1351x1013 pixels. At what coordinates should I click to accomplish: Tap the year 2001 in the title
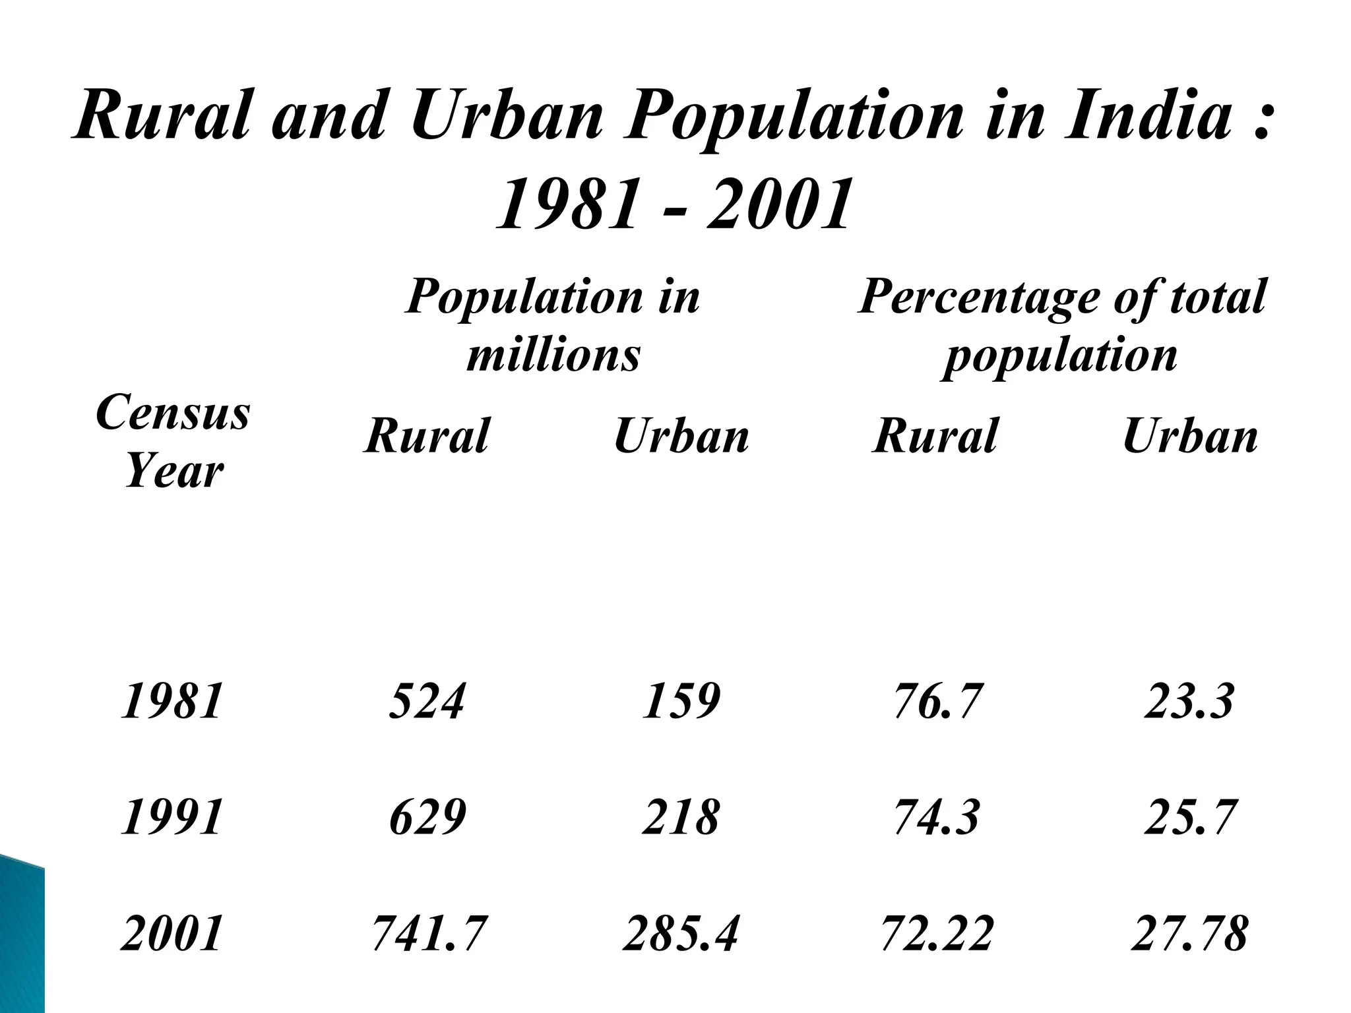coord(778,206)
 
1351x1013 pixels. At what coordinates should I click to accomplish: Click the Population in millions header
coord(553,326)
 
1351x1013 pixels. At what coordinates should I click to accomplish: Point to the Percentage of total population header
coord(1061,326)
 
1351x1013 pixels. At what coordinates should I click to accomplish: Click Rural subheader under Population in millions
coord(427,436)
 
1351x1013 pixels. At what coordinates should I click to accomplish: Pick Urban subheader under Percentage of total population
coord(1190,436)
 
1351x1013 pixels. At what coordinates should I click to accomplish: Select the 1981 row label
coord(172,701)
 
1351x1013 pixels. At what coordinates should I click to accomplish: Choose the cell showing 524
coord(427,701)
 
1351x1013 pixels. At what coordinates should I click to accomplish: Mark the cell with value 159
coord(681,701)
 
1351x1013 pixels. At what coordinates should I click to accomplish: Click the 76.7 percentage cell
coord(937,701)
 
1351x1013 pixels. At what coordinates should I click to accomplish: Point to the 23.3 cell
coord(1189,701)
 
